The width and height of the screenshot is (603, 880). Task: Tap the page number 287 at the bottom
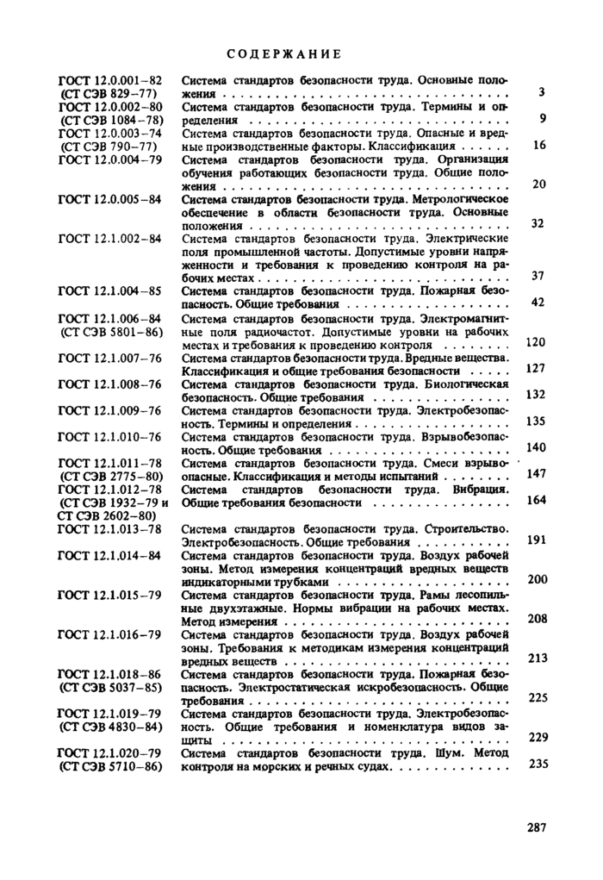(x=536, y=827)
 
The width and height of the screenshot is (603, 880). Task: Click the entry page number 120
(x=536, y=342)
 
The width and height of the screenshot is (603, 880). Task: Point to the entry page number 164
(x=536, y=500)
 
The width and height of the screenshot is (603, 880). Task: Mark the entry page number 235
(x=538, y=763)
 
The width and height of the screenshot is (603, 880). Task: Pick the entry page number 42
(x=538, y=302)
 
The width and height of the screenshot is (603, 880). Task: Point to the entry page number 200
(x=538, y=579)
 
